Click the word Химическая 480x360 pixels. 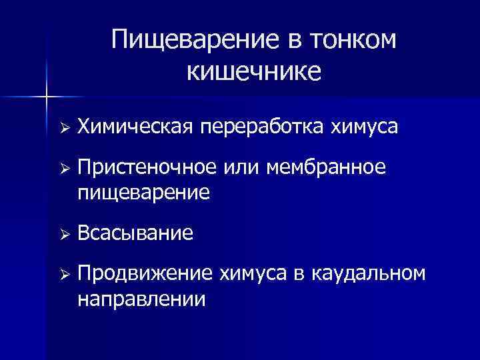[x=135, y=127]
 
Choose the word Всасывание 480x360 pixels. [x=135, y=233]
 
